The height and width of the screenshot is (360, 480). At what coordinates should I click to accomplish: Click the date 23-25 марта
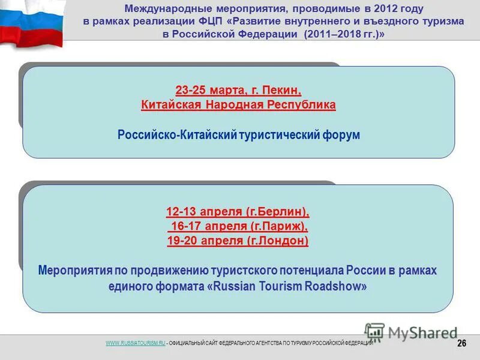pyautogui.click(x=206, y=90)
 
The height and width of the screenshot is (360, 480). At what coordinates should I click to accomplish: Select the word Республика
pyautogui.click(x=302, y=105)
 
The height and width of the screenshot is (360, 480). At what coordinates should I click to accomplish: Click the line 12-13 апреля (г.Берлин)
pyautogui.click(x=238, y=212)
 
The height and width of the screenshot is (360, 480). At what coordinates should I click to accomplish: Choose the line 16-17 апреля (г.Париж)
pyautogui.click(x=239, y=226)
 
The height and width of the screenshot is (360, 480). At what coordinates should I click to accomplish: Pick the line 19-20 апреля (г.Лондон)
pyautogui.click(x=238, y=241)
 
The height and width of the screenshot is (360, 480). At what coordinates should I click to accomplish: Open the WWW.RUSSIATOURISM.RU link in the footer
pyautogui.click(x=135, y=343)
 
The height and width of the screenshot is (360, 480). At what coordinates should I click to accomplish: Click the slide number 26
pyautogui.click(x=461, y=343)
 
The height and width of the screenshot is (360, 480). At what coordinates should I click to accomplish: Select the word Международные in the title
pyautogui.click(x=163, y=9)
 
